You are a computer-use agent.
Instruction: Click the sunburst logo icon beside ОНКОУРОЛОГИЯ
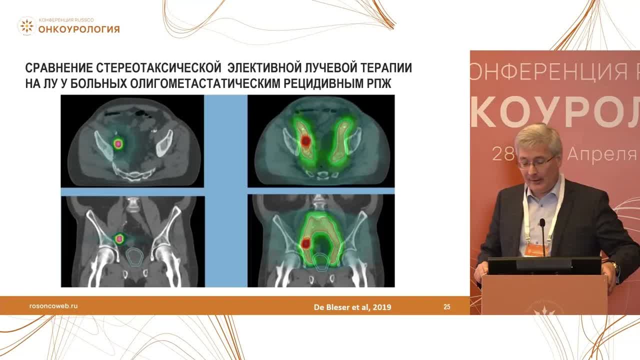coord(26,26)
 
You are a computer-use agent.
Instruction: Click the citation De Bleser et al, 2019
coord(352,307)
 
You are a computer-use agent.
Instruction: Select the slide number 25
coord(446,307)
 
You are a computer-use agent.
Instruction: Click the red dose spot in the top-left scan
coord(118,144)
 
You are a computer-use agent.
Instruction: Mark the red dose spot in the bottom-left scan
coord(119,239)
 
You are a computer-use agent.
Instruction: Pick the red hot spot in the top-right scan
coord(305,141)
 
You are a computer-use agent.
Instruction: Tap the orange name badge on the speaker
coord(536,249)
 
